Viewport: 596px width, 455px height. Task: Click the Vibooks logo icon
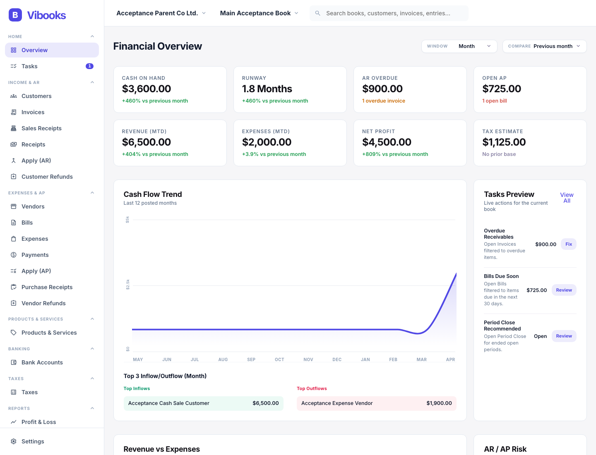[15, 15]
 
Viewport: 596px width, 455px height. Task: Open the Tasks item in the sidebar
[29, 66]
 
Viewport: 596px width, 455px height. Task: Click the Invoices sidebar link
[33, 112]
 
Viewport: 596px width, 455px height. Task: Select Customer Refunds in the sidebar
[47, 177]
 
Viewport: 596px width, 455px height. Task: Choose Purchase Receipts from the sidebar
[47, 287]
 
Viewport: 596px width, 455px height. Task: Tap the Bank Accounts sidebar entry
[42, 362]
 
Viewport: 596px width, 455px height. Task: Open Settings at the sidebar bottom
[33, 441]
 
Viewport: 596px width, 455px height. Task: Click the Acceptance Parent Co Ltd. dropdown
[161, 13]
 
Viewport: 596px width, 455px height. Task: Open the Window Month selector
[459, 46]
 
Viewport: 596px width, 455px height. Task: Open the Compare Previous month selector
[544, 46]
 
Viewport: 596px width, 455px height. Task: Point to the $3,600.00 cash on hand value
[147, 89]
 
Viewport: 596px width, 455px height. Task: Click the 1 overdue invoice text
[383, 101]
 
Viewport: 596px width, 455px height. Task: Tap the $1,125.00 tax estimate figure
[504, 142]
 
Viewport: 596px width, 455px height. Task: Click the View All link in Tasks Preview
[567, 198]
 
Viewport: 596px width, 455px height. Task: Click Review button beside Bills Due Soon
[564, 290]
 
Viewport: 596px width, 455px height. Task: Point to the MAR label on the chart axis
[421, 359]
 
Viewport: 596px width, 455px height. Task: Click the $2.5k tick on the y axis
[127, 284]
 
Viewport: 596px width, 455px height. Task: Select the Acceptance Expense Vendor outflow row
[376, 403]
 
